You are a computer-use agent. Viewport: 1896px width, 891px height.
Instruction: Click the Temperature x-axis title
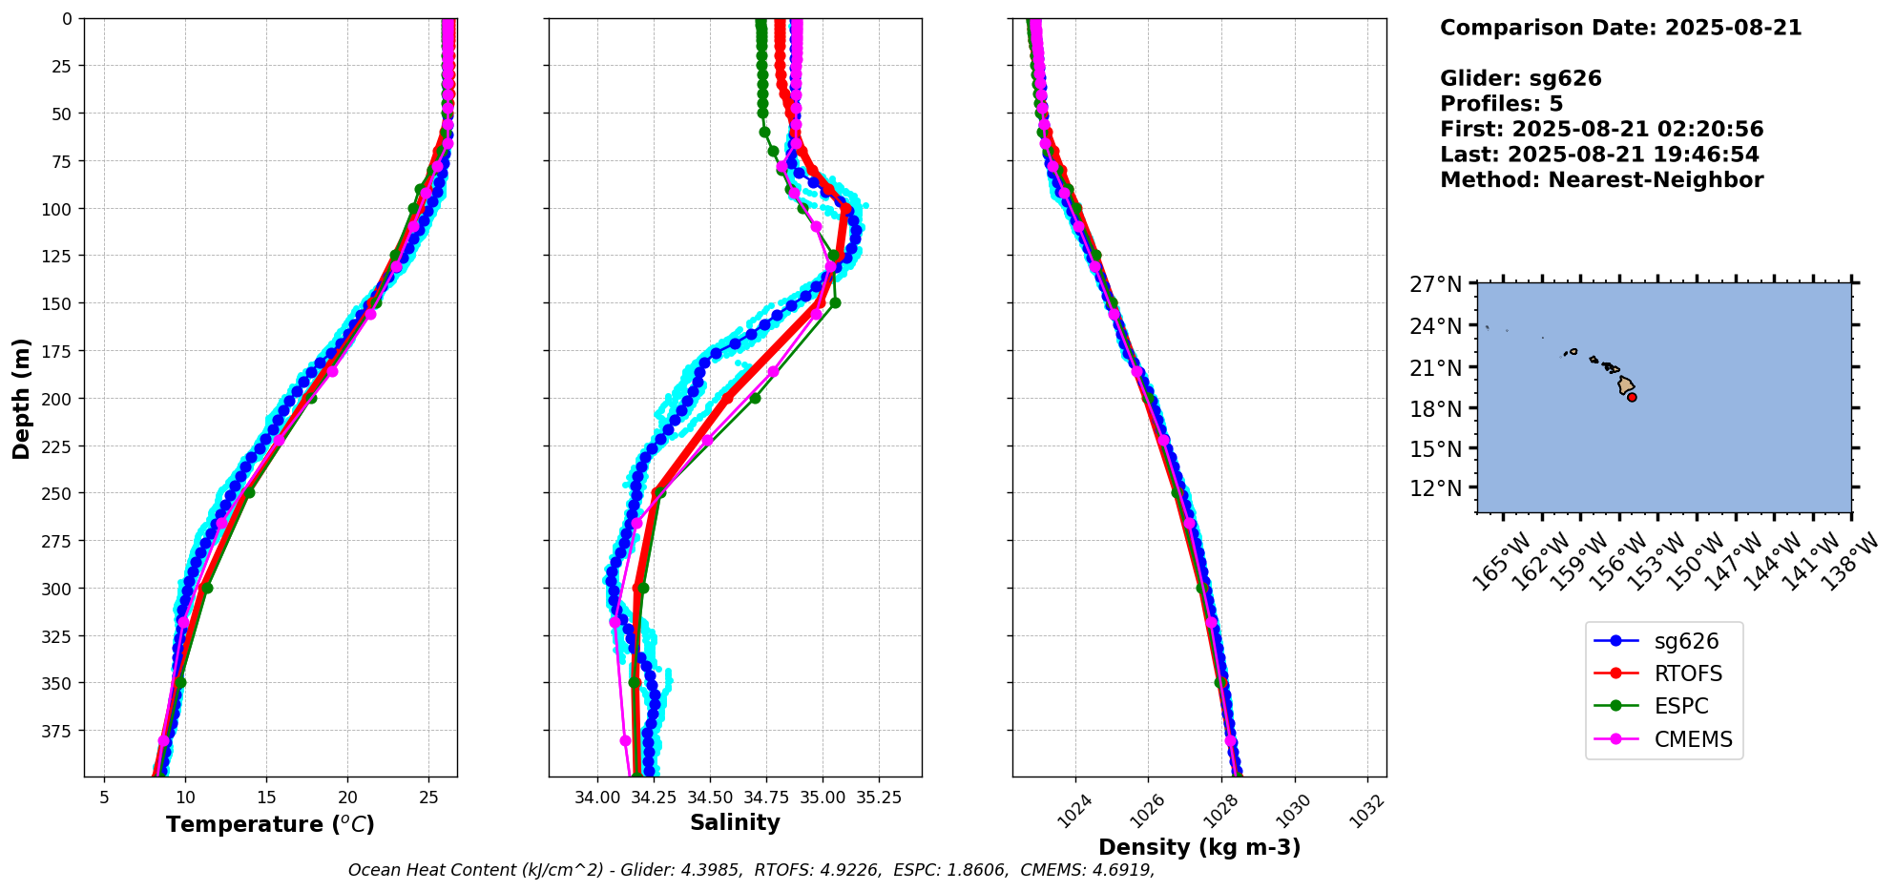pyautogui.click(x=270, y=824)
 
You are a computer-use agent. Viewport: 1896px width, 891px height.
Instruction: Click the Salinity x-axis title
pyautogui.click(x=735, y=822)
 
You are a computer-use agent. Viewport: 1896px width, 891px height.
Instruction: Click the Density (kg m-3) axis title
pyautogui.click(x=1199, y=847)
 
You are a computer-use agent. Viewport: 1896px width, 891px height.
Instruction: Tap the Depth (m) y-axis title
pyautogui.click(x=22, y=398)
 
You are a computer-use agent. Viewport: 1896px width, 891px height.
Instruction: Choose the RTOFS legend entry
pyautogui.click(x=1688, y=673)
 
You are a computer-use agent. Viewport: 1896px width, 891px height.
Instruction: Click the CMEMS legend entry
pyautogui.click(x=1693, y=739)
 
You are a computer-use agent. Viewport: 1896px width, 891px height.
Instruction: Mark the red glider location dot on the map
pyautogui.click(x=1632, y=397)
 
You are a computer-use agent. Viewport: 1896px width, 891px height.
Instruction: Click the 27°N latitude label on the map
pyautogui.click(x=1435, y=284)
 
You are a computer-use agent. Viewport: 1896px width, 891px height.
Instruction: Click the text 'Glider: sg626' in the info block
pyautogui.click(x=1520, y=78)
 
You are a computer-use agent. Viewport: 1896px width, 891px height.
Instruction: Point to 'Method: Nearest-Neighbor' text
pyautogui.click(x=1601, y=179)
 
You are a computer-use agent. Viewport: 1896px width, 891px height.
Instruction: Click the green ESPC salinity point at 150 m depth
pyautogui.click(x=835, y=302)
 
